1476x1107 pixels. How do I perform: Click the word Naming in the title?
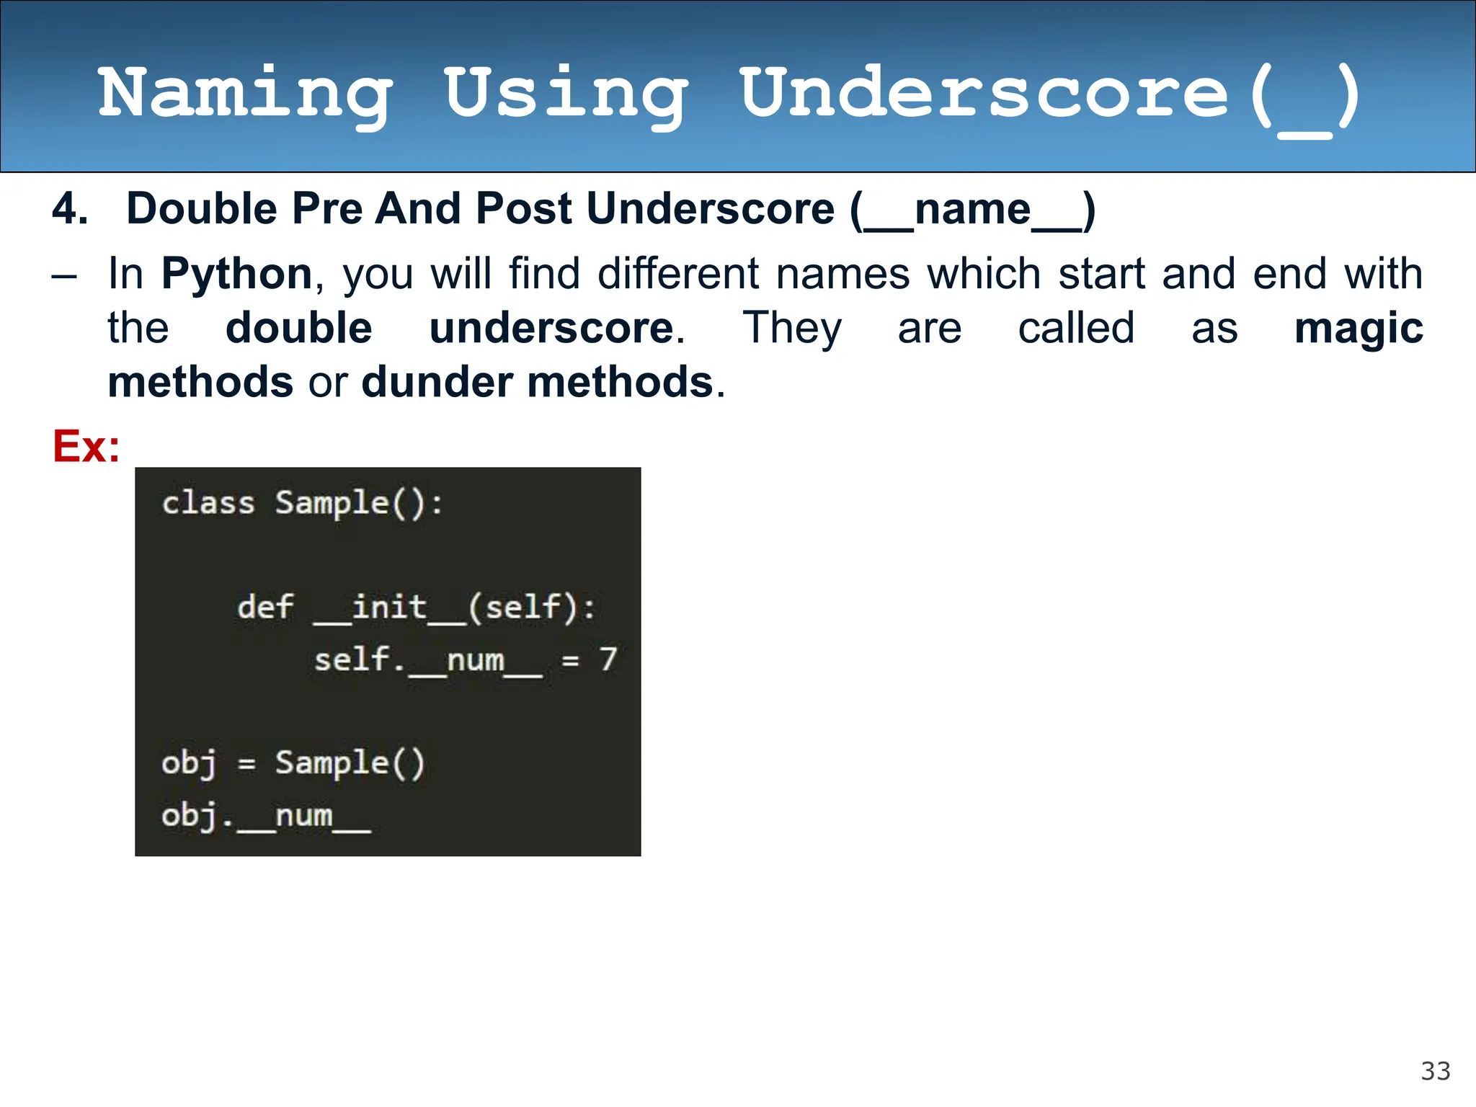(x=245, y=94)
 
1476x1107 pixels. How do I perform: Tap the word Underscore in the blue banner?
(x=984, y=94)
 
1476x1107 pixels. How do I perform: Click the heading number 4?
(x=70, y=209)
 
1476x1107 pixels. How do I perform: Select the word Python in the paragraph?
(x=236, y=275)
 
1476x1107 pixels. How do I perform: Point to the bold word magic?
(x=1358, y=329)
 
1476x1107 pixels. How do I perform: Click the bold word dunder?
(x=437, y=382)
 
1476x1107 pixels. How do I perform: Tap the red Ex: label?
(x=86, y=446)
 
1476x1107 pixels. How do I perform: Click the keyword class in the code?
(x=208, y=502)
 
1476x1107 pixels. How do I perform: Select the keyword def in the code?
(x=265, y=606)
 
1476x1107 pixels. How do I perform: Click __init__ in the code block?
(x=389, y=607)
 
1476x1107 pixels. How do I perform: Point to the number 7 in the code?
(x=608, y=659)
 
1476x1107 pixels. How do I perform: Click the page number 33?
(x=1435, y=1071)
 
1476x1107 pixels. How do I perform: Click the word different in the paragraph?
(x=678, y=275)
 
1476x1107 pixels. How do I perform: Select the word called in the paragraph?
(x=1076, y=329)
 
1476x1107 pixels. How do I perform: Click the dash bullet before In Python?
(x=64, y=276)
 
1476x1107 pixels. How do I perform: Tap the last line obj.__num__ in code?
(x=266, y=816)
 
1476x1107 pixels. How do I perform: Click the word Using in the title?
(x=565, y=94)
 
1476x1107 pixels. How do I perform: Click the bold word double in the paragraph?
(x=298, y=329)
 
